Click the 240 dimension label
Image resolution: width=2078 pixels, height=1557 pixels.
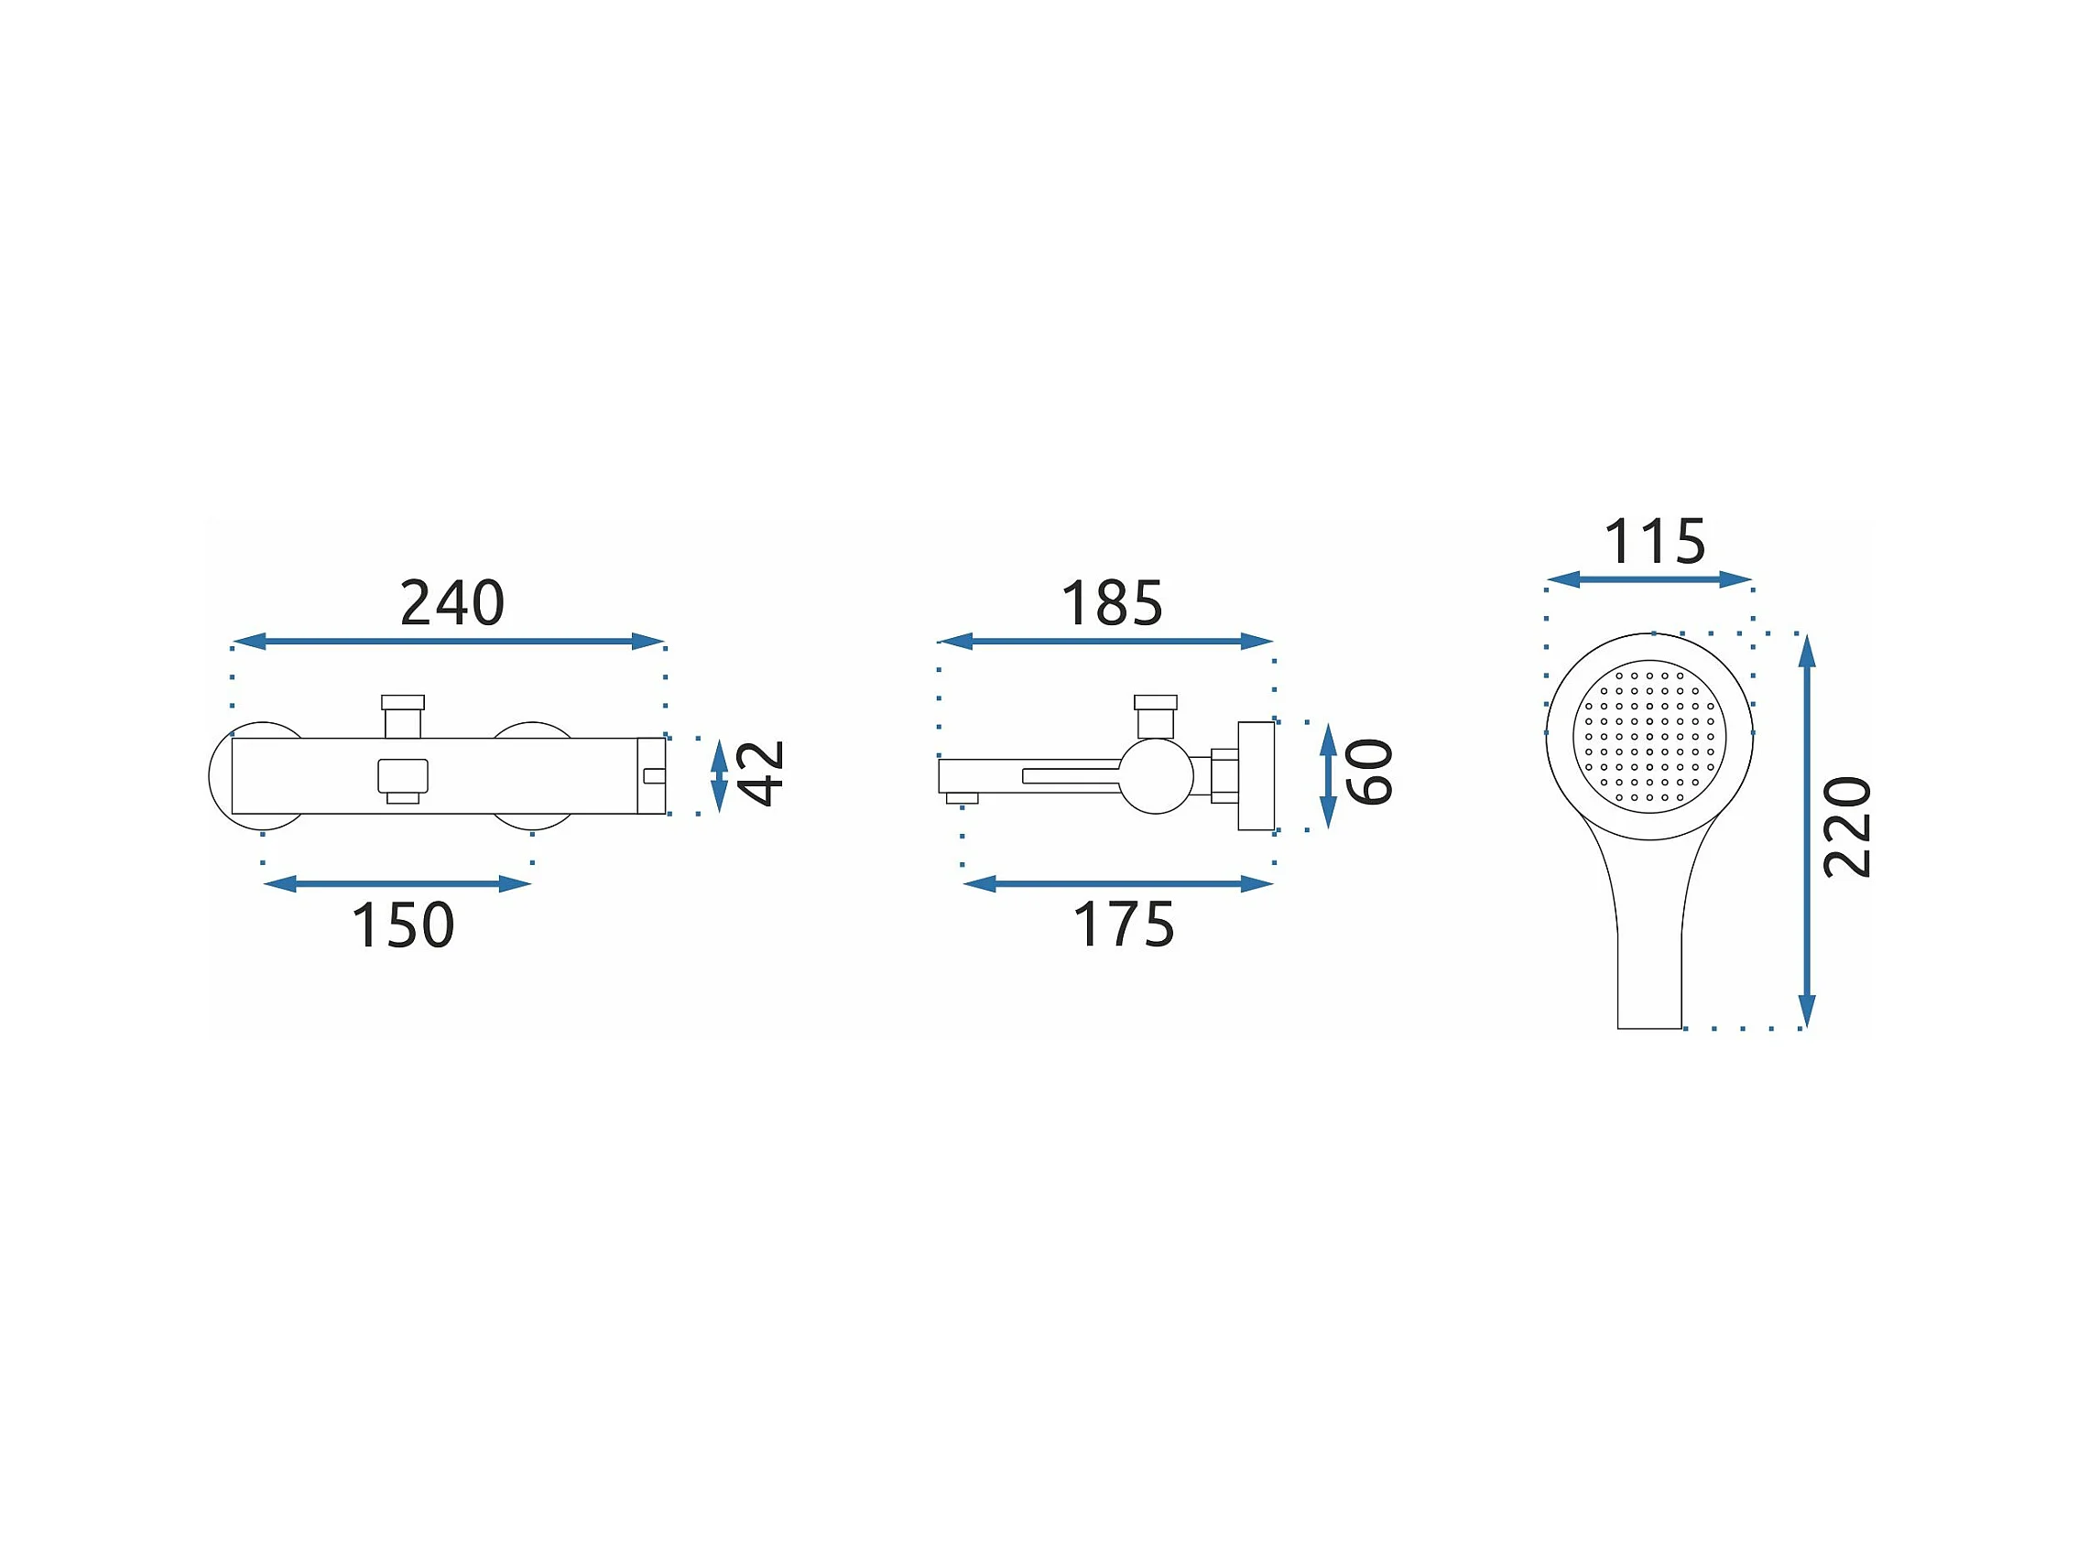coord(452,603)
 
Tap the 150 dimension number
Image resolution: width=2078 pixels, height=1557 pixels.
coord(402,925)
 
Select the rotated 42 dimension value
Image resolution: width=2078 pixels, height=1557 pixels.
coord(760,773)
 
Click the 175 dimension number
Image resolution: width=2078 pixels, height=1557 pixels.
coord(1124,925)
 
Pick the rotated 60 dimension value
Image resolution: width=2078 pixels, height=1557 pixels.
coord(1369,772)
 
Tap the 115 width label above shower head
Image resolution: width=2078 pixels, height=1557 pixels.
coord(1654,542)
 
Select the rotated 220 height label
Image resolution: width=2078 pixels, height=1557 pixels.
coord(1847,827)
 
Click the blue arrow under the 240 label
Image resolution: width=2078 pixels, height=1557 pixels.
coord(448,642)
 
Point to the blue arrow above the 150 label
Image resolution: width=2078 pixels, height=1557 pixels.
coord(397,883)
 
